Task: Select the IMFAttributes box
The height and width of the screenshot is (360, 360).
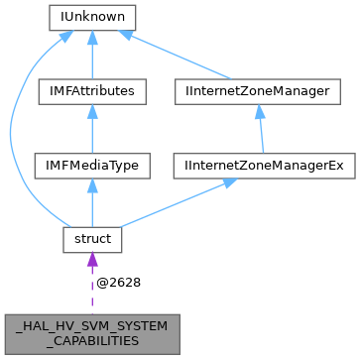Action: pos(91,91)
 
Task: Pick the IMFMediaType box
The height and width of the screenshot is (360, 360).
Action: pos(91,165)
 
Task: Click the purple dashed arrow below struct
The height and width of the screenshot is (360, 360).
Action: pos(91,288)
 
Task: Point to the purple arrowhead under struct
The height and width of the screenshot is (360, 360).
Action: pos(91,260)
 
